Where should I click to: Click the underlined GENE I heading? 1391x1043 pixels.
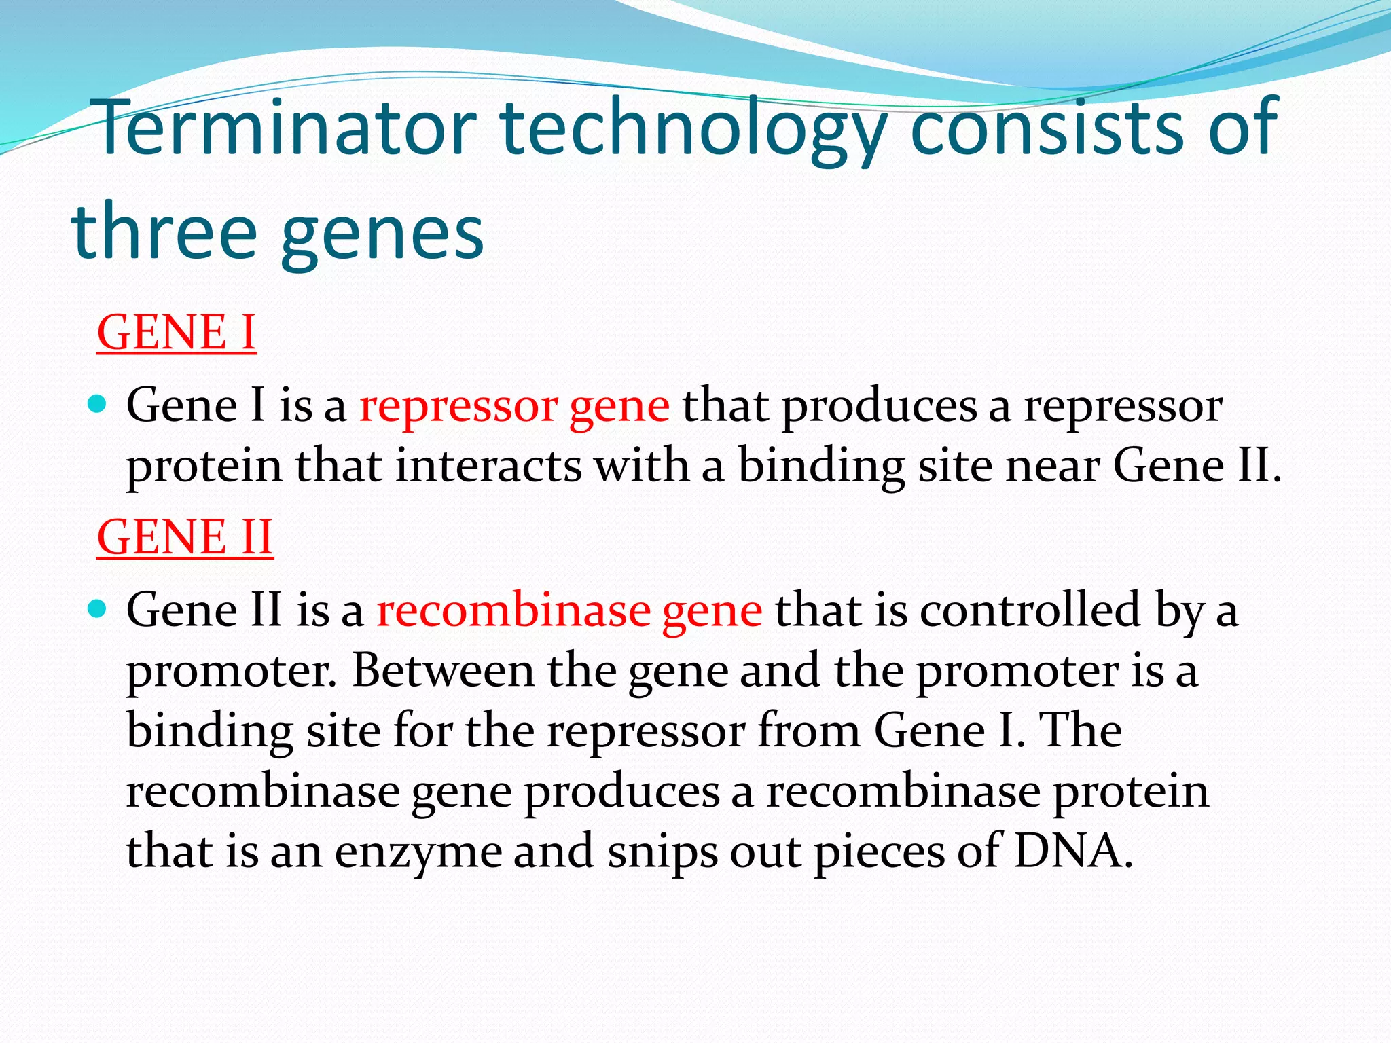176,333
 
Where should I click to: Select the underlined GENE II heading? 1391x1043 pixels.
185,537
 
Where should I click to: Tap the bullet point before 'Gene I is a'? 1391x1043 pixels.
98,405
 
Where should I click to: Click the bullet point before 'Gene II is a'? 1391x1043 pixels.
98,609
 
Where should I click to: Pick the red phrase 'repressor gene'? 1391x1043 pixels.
514,406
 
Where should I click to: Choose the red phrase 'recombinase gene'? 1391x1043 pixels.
569,610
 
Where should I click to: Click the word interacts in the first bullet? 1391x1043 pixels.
489,466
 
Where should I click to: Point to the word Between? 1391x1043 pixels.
444,670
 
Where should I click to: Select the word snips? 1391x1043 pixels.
662,852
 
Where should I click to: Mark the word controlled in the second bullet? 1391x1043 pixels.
1030,610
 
